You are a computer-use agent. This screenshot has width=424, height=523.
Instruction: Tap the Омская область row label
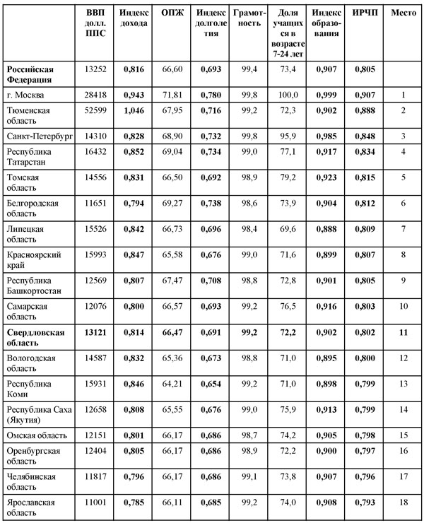pos(39,430)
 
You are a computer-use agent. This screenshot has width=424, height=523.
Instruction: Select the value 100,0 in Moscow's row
pos(285,95)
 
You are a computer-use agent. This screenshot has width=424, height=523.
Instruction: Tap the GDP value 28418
pos(94,95)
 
